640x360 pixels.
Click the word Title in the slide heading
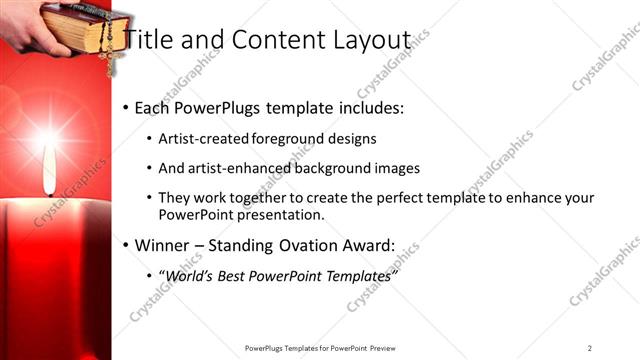(x=146, y=39)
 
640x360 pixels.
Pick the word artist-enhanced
(x=240, y=169)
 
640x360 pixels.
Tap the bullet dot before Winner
(x=125, y=246)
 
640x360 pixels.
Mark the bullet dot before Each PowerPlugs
(x=125, y=108)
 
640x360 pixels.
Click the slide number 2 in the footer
(x=589, y=348)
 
